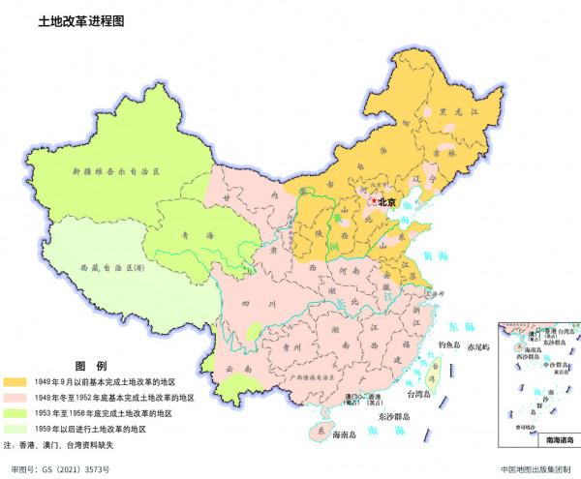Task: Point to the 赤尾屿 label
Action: tap(480, 347)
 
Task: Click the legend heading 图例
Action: tap(90, 366)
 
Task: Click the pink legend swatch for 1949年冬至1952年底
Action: tap(15, 398)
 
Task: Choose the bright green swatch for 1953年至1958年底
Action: tap(15, 413)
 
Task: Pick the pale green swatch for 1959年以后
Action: tap(15, 428)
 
